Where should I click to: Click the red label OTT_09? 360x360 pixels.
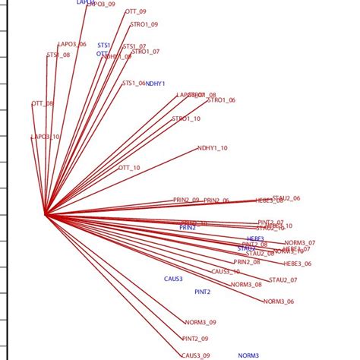click(135, 12)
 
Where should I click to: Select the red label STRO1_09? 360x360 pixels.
click(144, 24)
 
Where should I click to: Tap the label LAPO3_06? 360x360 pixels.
click(72, 45)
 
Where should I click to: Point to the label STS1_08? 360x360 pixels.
click(58, 55)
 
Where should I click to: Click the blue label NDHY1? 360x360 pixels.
click(156, 84)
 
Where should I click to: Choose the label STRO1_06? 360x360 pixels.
click(221, 100)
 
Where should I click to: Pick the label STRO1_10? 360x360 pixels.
click(186, 118)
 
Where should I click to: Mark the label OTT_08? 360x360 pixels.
click(43, 103)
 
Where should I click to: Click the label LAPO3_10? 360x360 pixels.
click(45, 137)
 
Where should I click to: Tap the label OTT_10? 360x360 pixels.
click(129, 167)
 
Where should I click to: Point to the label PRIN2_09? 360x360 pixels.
click(186, 200)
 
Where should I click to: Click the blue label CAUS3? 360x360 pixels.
click(173, 279)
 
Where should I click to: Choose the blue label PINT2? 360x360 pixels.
click(203, 292)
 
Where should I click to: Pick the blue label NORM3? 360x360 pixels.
click(248, 355)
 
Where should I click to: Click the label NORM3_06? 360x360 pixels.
click(279, 302)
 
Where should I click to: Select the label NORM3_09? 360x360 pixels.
click(201, 322)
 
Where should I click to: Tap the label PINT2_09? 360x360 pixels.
click(195, 339)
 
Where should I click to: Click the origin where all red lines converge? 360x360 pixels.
click(45, 214)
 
